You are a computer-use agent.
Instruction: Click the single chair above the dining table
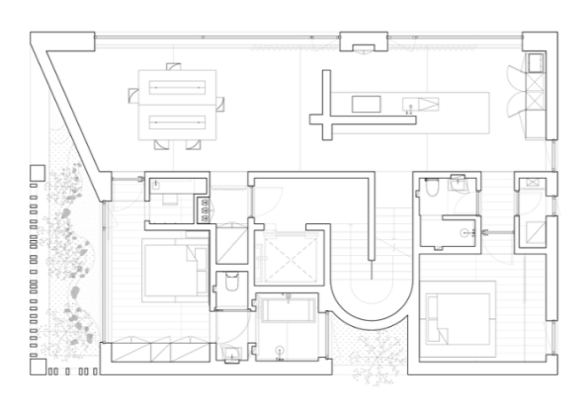coord(174,65)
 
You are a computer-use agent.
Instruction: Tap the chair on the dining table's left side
coord(134,96)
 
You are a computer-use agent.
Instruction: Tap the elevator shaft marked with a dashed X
coord(286,259)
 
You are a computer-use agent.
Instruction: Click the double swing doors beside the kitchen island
coord(516,104)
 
